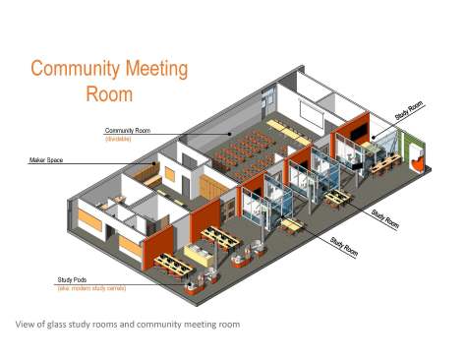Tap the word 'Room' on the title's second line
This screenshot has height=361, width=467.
pyautogui.click(x=109, y=94)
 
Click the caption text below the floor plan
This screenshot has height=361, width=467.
pyautogui.click(x=127, y=324)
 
